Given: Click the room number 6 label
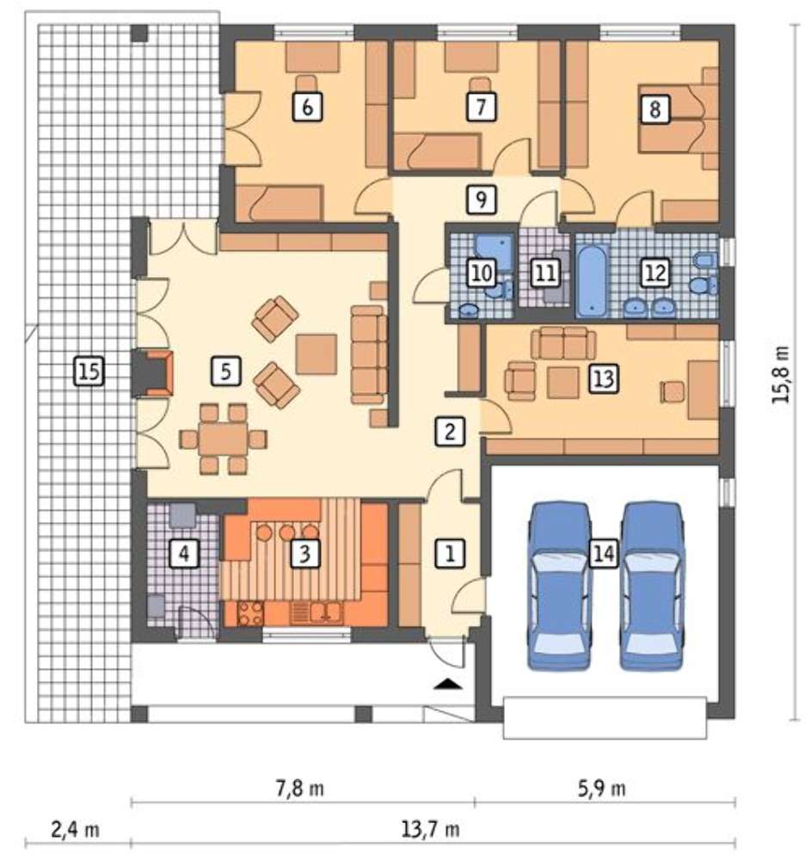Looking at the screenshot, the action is point(308,107).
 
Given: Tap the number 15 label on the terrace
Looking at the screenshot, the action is point(89,372).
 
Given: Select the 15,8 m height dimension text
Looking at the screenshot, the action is point(781,375).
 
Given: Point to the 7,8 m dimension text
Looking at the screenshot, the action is point(299,789).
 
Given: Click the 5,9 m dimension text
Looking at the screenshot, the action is point(601,789).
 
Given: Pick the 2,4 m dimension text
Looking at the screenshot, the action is point(75,829).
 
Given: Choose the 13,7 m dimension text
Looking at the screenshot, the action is point(431,829).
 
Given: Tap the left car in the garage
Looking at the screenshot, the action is point(559,586).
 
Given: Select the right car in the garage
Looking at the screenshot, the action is point(652,586).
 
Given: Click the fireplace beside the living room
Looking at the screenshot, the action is point(154,375).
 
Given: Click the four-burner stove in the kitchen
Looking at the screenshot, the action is point(250,613).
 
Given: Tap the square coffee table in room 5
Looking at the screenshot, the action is point(316,354).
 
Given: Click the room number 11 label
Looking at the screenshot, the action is point(545,273).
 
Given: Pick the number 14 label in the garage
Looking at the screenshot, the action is point(603,553).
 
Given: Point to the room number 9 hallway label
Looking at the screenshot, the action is point(481,200).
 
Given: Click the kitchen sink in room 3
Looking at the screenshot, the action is point(326,612).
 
